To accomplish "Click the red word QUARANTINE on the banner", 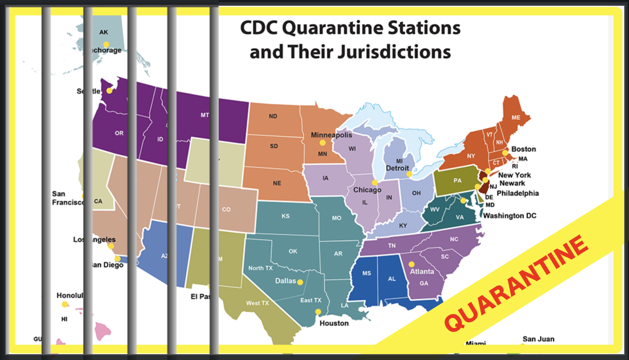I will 517,283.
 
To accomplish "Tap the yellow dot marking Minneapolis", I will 322,143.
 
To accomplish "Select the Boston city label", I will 523,149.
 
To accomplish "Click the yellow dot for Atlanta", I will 411,264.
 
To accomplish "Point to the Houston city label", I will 334,323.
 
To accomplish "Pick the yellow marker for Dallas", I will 300,282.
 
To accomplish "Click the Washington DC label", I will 509,216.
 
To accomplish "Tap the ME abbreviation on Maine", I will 516,117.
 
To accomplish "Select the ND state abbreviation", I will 273,116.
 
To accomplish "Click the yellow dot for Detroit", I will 409,174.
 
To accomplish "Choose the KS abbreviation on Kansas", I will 285,216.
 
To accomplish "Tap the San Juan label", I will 538,339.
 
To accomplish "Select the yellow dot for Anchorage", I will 106,44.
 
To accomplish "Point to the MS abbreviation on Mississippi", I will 367,273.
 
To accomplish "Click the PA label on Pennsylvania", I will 457,181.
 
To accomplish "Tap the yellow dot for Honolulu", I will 65,305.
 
